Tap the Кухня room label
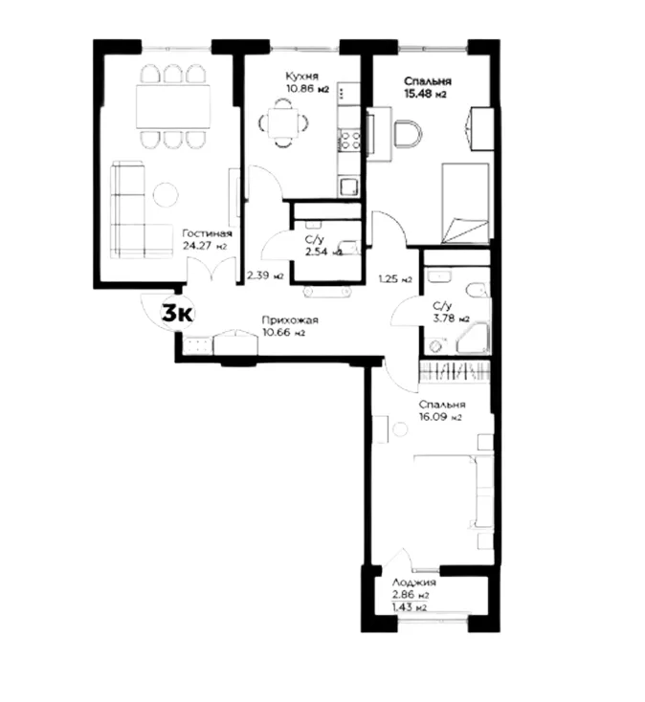[300, 76]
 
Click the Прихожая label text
[289, 320]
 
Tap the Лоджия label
[414, 581]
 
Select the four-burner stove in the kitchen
[348, 141]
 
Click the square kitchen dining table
[282, 122]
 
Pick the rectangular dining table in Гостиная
[173, 105]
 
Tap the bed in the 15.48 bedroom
[464, 203]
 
